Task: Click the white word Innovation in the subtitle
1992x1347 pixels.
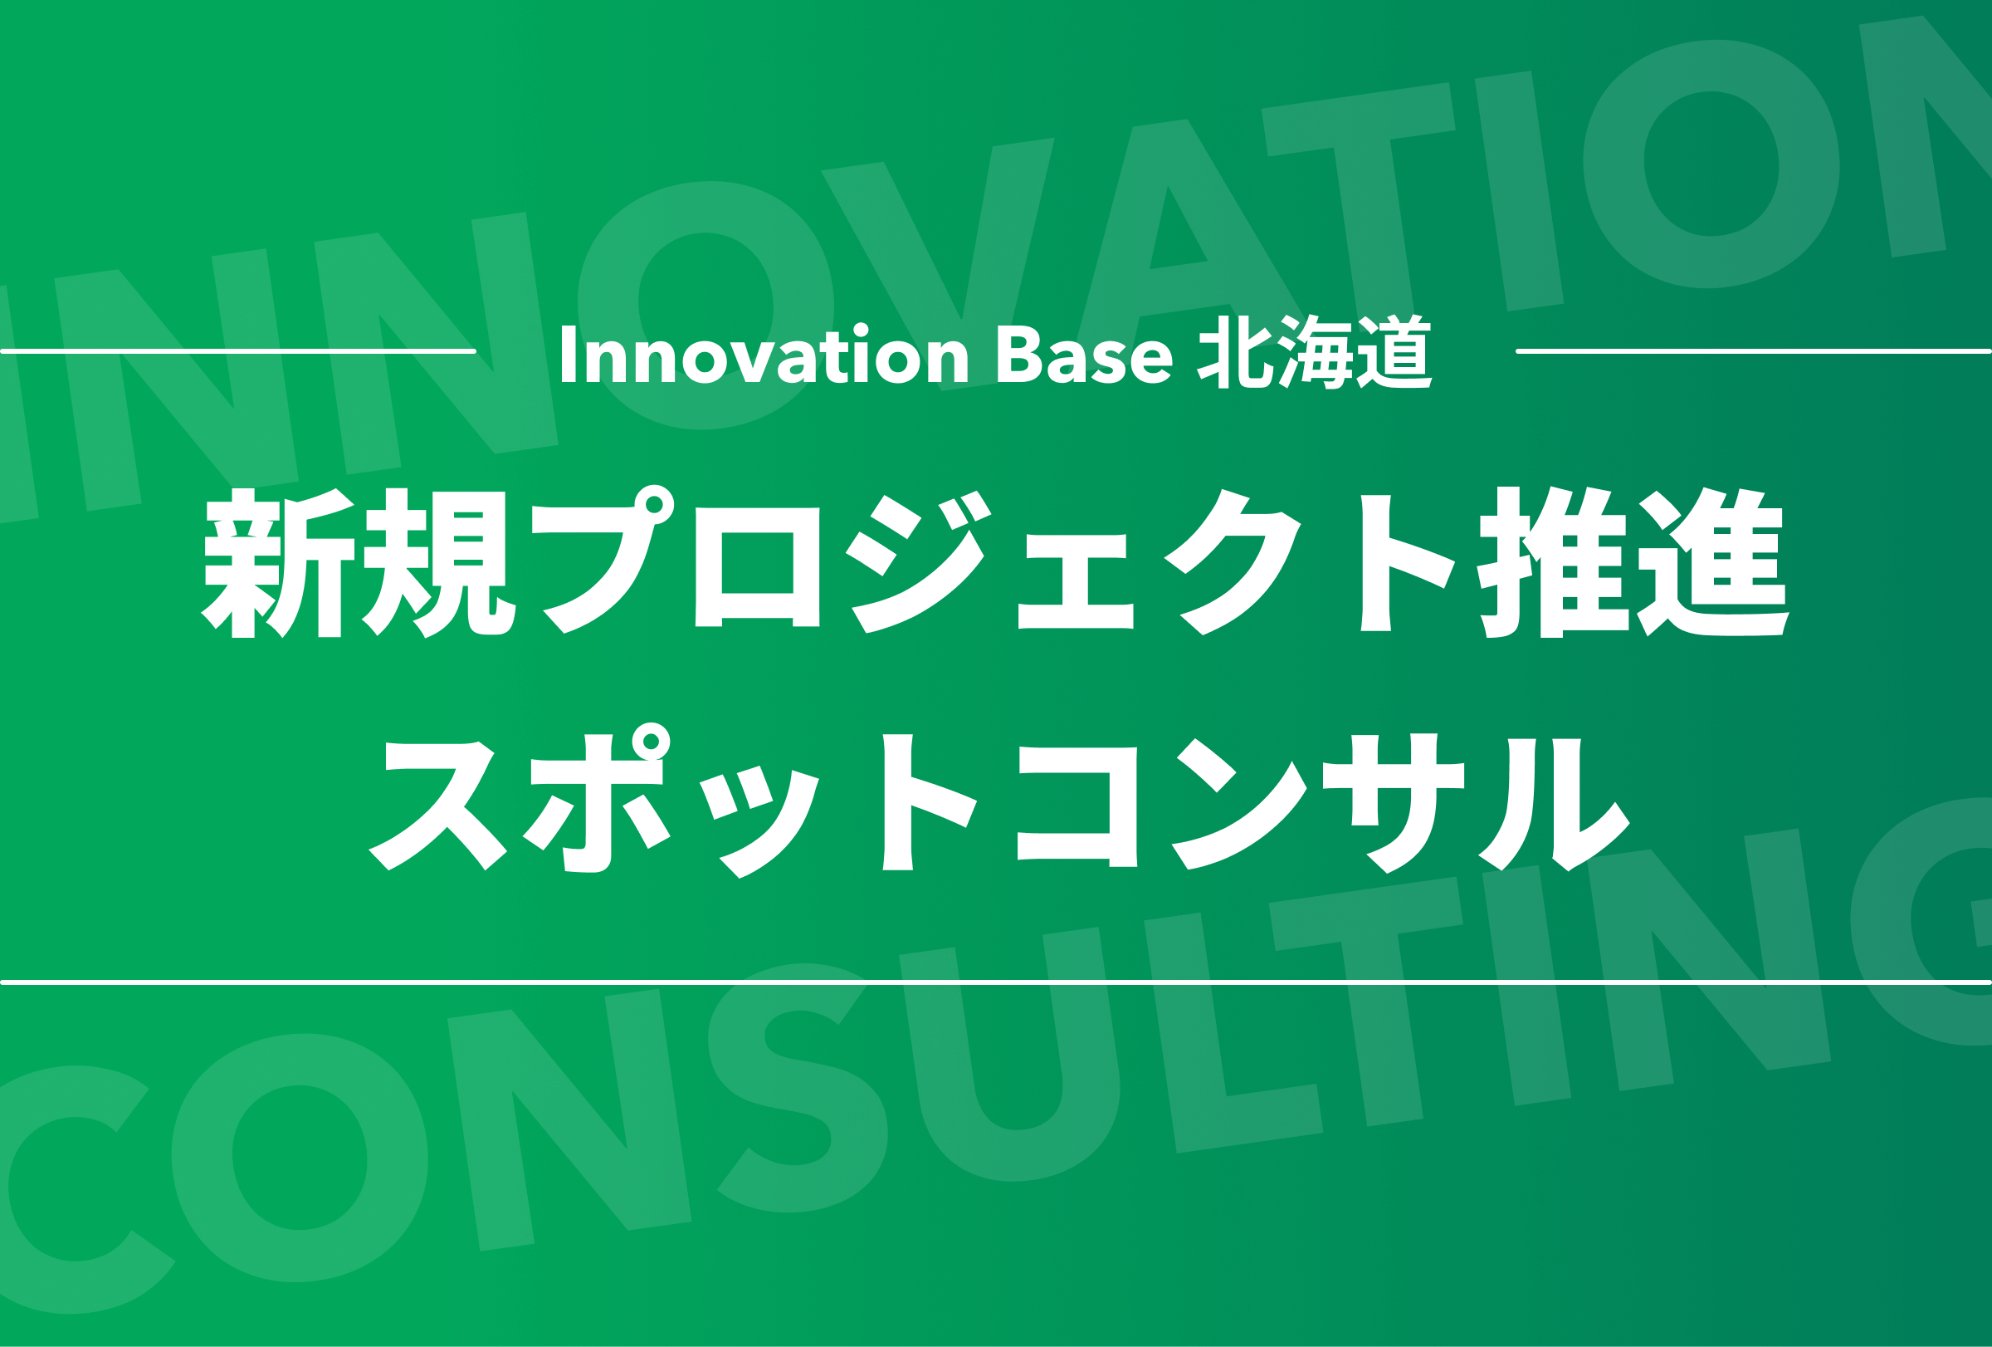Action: (x=764, y=353)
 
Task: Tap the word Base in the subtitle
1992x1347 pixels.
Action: (x=1084, y=354)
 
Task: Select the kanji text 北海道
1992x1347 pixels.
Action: (x=1315, y=352)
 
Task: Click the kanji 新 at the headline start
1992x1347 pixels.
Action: (x=279, y=563)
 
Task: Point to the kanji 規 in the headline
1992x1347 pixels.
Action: (x=439, y=563)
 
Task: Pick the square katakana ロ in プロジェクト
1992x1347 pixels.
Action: (x=758, y=566)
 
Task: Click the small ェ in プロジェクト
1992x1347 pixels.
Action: (x=1075, y=581)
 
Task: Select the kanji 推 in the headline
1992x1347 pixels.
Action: (x=1552, y=562)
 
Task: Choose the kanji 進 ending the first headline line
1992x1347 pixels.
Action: (x=1713, y=562)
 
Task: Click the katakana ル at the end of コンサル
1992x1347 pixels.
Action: (x=1554, y=804)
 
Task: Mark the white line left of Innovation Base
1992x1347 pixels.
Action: (x=237, y=350)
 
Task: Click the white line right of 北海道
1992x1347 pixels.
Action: (x=1754, y=350)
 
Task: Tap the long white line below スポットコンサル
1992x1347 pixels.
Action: (x=996, y=982)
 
